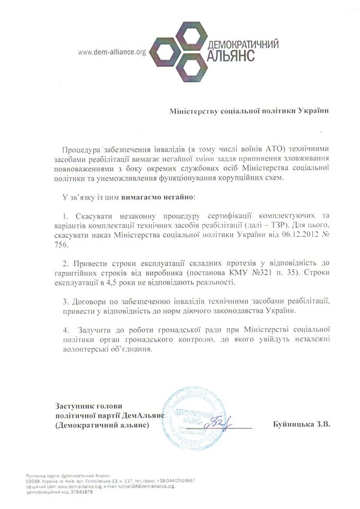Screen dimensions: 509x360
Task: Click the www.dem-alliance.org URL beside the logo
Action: coord(111,52)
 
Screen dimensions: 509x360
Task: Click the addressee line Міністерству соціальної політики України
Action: coord(248,111)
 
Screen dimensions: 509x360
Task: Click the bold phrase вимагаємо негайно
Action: coord(158,197)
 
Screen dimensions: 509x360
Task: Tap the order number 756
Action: coord(70,246)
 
